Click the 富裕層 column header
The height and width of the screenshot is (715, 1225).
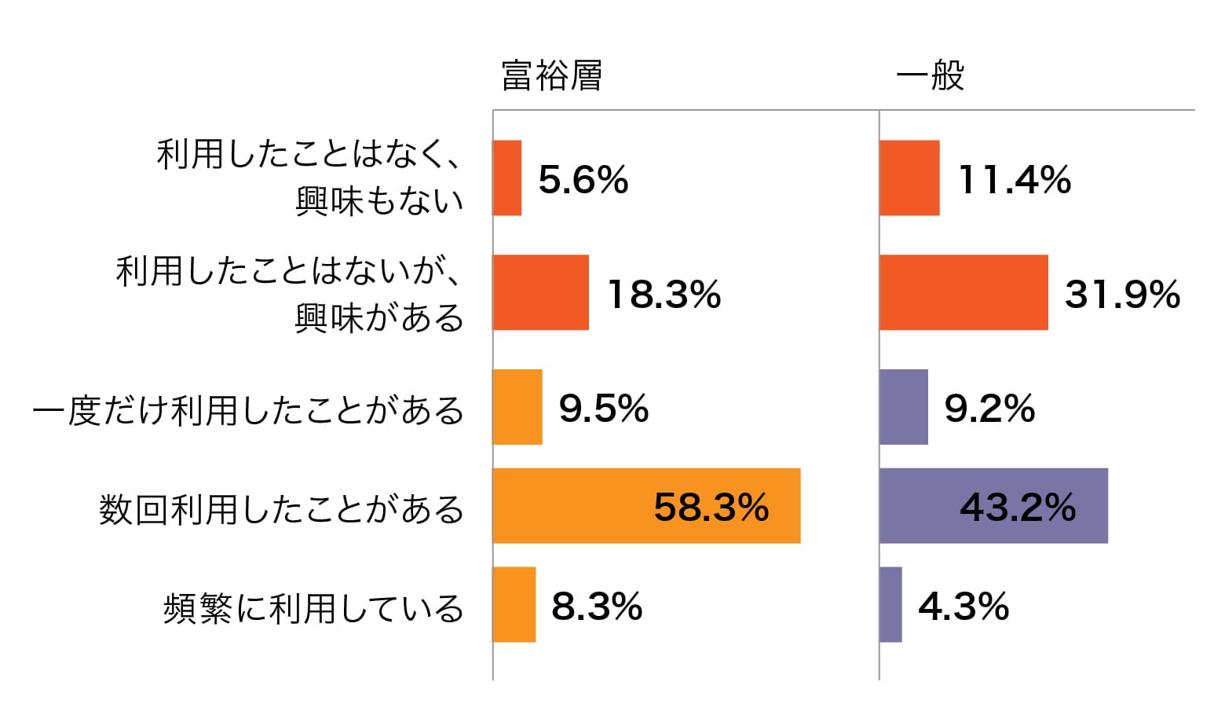(x=551, y=76)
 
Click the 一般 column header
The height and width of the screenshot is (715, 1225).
(x=930, y=76)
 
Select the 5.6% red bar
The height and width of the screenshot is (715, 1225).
(x=507, y=178)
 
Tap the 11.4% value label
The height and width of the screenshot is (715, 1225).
(x=1015, y=180)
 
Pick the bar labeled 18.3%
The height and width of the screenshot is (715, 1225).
(x=541, y=292)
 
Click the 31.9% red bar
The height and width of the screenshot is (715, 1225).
(x=964, y=292)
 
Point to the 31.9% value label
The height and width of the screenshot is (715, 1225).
(x=1122, y=295)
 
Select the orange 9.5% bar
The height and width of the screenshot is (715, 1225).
(x=517, y=407)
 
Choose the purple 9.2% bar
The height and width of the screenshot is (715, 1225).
(x=904, y=407)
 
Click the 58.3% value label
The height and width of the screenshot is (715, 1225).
(x=711, y=508)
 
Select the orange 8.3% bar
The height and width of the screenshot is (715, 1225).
(x=514, y=604)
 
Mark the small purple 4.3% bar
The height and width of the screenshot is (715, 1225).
(x=891, y=604)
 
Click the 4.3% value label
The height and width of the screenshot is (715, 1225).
(x=964, y=607)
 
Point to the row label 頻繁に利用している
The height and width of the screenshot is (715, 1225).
(x=313, y=609)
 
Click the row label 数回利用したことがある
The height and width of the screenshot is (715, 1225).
(x=281, y=510)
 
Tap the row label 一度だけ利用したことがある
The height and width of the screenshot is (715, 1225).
(x=248, y=411)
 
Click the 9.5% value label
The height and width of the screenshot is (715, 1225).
(x=603, y=409)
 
